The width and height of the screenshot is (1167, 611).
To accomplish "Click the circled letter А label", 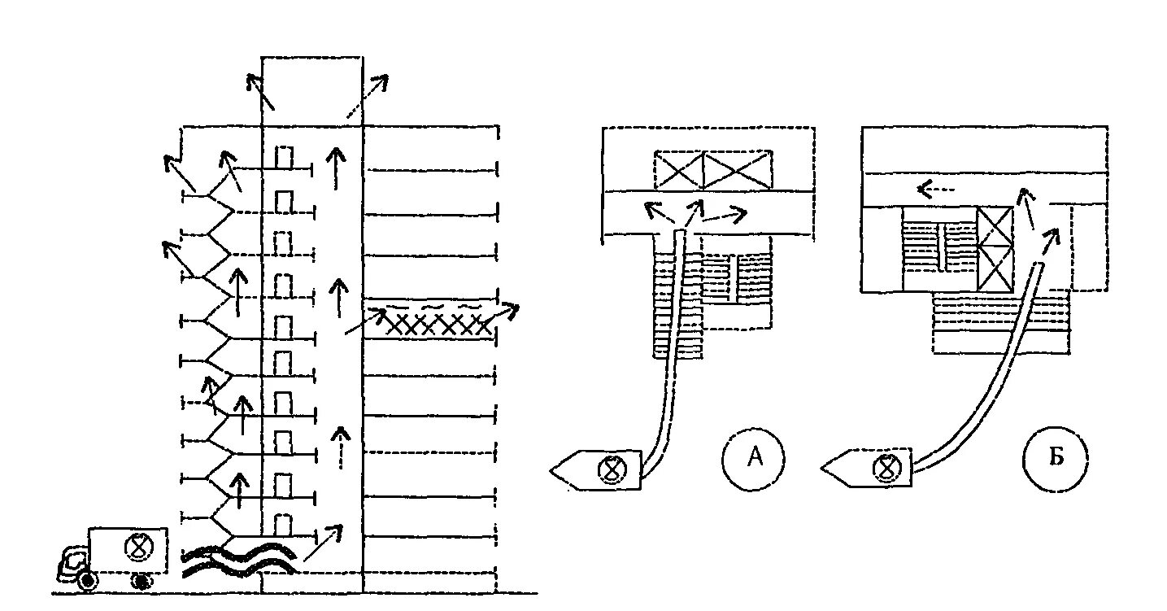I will point(754,459).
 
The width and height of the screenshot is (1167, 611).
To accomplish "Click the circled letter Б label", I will point(1056,460).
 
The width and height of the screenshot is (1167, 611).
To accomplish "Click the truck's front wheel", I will point(88,581).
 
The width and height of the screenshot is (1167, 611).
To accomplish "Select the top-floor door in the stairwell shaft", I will point(283,157).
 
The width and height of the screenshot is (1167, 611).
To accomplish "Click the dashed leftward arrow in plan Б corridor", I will point(935,190).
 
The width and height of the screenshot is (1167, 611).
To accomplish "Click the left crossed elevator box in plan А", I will point(678,171).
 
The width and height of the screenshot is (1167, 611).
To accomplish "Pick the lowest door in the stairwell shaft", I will point(283,526).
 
